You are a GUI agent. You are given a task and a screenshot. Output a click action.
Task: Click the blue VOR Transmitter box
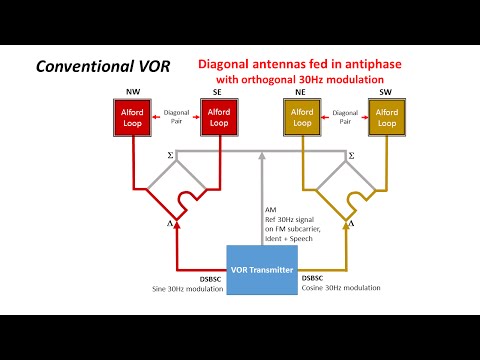click(x=264, y=270)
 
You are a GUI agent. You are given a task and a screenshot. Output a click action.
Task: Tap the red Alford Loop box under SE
click(x=218, y=121)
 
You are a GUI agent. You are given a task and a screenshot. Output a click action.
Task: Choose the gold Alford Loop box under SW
click(x=386, y=121)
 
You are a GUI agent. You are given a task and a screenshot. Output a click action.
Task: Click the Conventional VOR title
click(x=101, y=68)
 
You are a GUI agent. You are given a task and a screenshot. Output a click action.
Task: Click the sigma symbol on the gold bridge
click(x=351, y=156)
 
